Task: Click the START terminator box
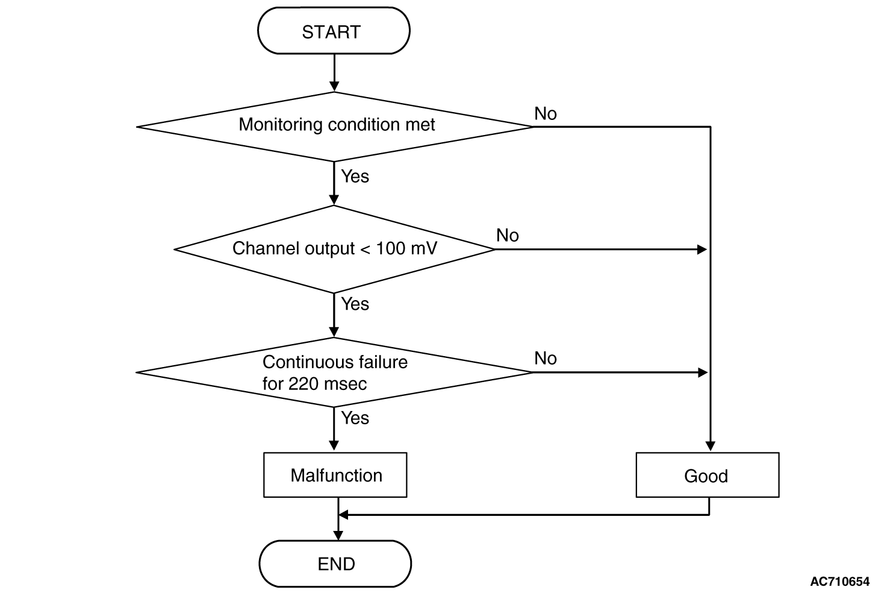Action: (x=334, y=31)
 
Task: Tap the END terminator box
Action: (x=335, y=563)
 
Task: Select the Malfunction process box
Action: (x=335, y=475)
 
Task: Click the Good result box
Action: (x=707, y=475)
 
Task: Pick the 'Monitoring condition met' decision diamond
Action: (x=334, y=127)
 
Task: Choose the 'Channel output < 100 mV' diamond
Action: (x=334, y=249)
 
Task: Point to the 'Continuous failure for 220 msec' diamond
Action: (x=334, y=372)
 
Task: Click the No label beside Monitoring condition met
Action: (x=546, y=114)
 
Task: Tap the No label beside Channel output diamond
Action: (x=508, y=236)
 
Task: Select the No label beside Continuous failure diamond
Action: (x=546, y=359)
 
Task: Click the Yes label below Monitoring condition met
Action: (x=355, y=176)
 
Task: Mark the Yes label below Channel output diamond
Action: (x=355, y=304)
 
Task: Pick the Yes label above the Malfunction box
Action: (x=355, y=418)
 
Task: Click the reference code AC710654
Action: (x=839, y=582)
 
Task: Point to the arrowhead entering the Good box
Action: (x=711, y=447)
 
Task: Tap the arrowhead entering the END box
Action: (x=338, y=536)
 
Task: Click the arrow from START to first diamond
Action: (x=334, y=73)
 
